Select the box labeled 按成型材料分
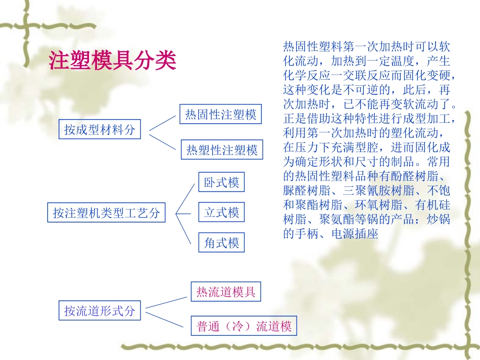[100, 129]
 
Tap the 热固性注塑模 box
[221, 115]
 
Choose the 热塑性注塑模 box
[222, 149]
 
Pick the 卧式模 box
[221, 182]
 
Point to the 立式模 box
[221, 213]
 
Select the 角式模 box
[221, 243]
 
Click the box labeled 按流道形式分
[100, 311]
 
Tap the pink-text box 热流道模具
[226, 292]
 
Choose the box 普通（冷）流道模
[244, 327]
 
